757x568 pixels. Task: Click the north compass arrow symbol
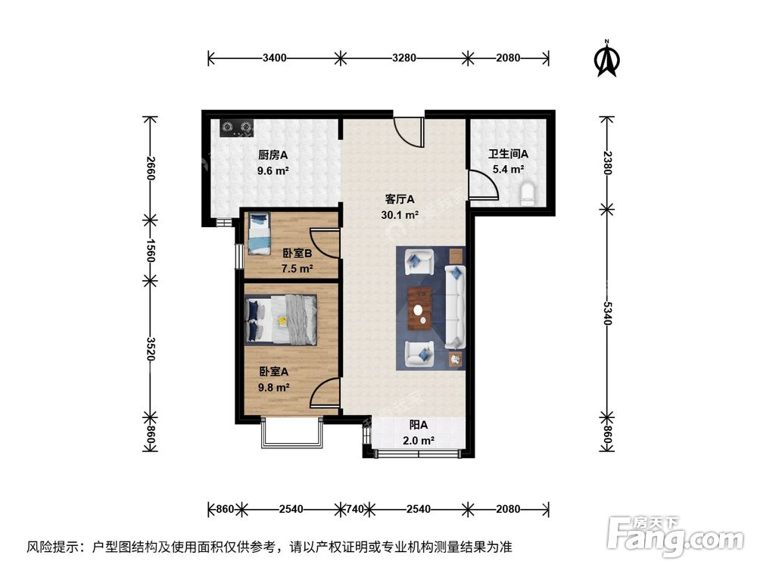click(606, 60)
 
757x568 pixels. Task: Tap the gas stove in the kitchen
click(237, 128)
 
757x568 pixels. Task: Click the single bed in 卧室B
click(259, 234)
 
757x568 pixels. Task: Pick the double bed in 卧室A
click(281, 319)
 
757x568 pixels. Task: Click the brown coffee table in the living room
click(419, 310)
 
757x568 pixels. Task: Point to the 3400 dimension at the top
click(274, 58)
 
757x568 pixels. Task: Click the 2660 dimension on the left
click(151, 167)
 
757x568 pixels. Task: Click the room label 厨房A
click(272, 154)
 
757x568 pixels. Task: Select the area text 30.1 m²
click(400, 214)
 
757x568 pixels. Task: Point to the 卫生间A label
click(507, 154)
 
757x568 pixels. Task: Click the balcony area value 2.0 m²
click(417, 440)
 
